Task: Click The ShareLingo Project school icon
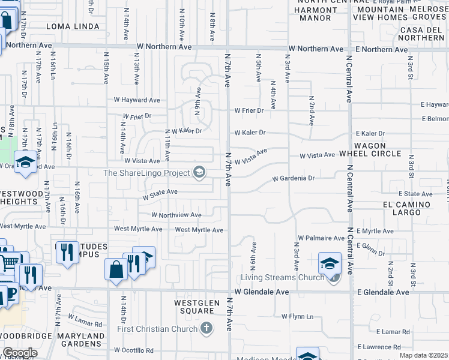tap(199, 173)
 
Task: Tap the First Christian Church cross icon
tap(206, 328)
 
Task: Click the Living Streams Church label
tap(285, 277)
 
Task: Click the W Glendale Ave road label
tap(262, 292)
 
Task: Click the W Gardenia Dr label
tap(294, 178)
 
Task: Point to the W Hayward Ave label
tap(137, 100)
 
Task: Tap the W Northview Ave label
tap(176, 215)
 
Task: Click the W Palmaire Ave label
tap(321, 238)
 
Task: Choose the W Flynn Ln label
tap(298, 316)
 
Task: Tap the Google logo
tap(20, 353)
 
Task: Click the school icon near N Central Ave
tap(330, 263)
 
